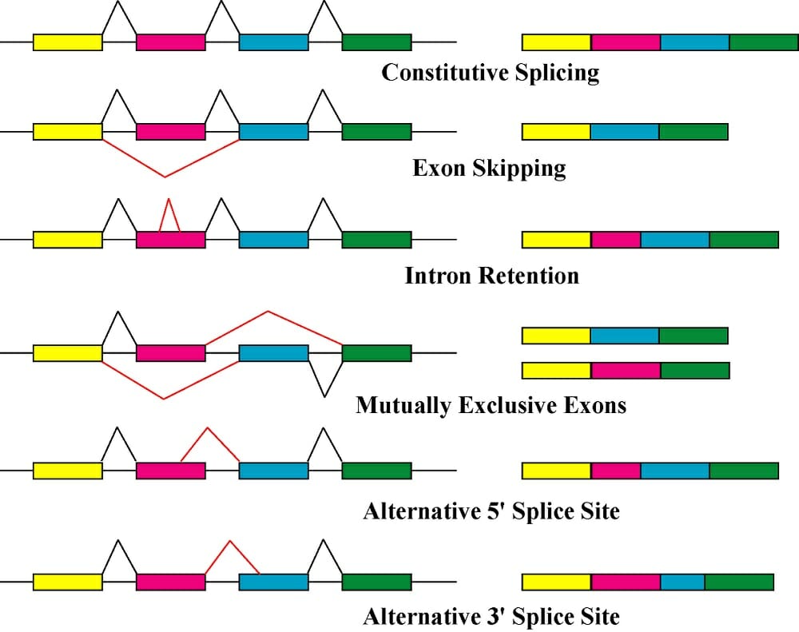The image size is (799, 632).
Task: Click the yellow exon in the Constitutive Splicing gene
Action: point(67,42)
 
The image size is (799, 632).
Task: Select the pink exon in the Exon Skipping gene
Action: point(170,131)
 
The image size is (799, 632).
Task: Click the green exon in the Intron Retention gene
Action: point(376,239)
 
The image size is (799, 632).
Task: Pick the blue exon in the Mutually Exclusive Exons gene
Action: point(273,353)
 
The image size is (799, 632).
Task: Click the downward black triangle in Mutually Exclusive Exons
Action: point(324,378)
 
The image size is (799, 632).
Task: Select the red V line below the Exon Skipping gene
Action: point(165,171)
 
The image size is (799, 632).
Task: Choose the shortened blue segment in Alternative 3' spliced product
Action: point(682,581)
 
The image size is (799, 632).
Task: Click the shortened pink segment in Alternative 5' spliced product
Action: point(616,471)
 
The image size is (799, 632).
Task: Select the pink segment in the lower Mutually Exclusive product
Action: point(626,370)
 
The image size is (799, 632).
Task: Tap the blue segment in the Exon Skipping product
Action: point(625,131)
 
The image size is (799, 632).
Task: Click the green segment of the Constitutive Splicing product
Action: point(763,42)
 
